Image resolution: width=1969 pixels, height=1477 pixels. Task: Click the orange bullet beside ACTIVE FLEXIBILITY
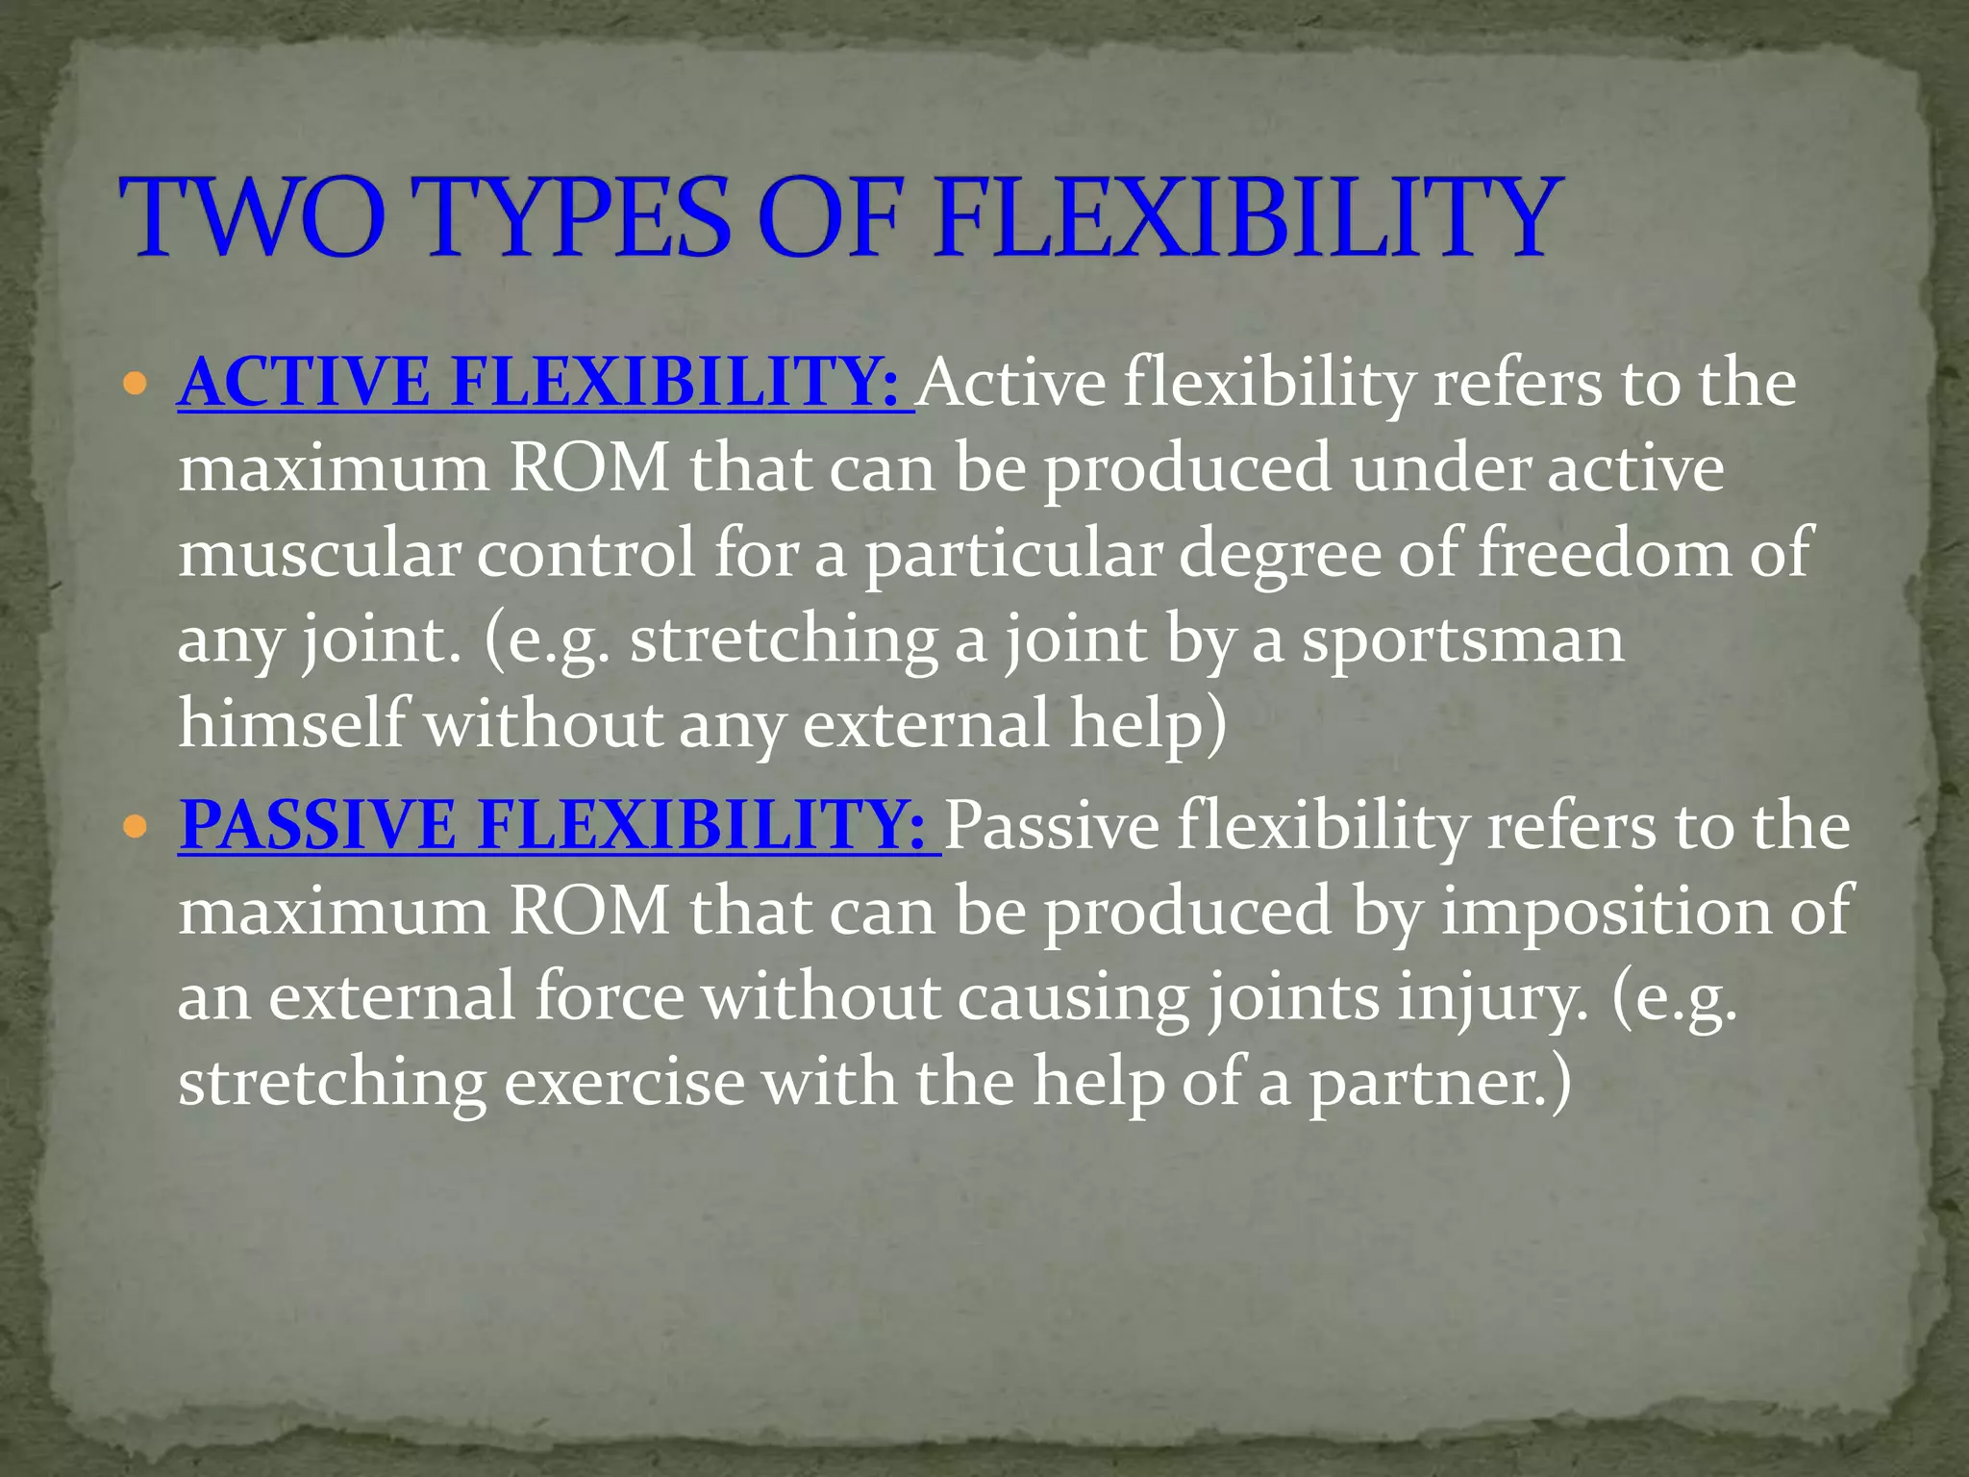(136, 386)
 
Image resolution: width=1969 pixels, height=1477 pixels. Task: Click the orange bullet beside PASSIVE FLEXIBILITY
(136, 827)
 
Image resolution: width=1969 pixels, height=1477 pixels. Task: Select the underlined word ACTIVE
(306, 384)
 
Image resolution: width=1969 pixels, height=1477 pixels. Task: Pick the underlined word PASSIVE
(318, 826)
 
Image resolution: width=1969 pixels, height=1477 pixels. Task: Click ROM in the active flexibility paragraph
(587, 469)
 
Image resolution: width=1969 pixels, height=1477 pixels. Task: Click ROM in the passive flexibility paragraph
(587, 912)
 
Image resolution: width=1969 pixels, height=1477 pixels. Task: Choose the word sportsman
(1462, 639)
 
